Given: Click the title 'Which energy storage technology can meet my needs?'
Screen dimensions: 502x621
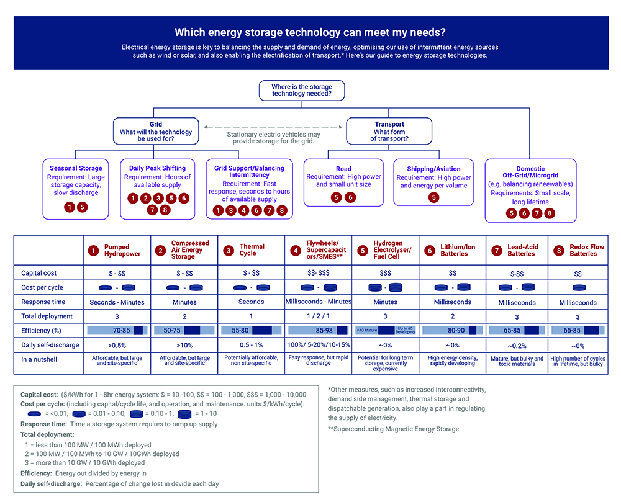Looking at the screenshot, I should coord(310,32).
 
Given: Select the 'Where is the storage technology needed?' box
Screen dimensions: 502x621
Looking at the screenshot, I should coord(301,90).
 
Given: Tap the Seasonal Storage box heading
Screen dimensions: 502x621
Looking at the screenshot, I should coord(76,168).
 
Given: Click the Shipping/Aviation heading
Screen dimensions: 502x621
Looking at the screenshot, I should coord(433,169).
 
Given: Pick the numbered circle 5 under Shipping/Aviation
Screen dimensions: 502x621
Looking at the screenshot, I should coord(433,197).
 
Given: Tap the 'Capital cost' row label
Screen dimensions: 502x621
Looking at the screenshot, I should coord(39,273).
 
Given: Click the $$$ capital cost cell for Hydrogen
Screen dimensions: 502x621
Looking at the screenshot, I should coord(385,273).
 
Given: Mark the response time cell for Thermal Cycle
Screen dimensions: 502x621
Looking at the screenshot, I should coord(252,302).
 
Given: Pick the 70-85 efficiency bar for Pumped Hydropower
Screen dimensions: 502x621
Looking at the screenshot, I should coord(117,330).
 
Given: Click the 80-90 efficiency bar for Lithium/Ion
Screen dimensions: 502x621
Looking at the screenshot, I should coord(452,330).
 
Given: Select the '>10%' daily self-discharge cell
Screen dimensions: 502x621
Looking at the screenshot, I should coord(184,344).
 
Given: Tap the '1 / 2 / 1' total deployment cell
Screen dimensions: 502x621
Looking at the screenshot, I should coord(318,316).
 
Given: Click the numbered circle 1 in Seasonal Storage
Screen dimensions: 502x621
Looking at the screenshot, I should coord(70,207).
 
